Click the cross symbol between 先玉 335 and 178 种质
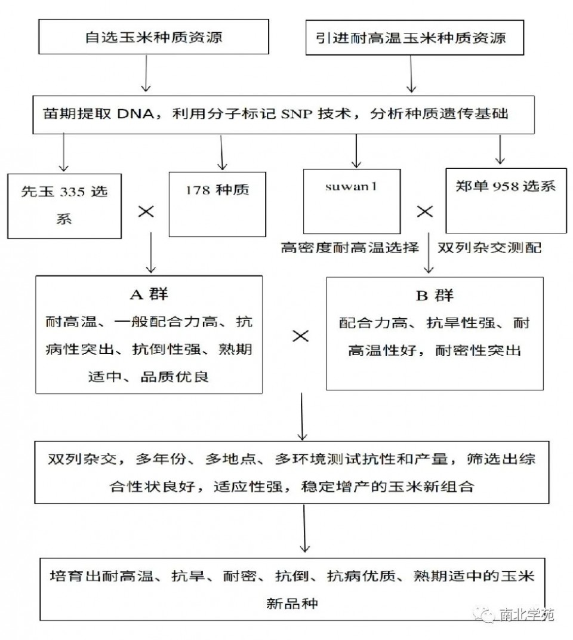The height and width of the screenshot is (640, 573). [147, 211]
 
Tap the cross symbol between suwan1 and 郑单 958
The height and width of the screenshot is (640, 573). [424, 211]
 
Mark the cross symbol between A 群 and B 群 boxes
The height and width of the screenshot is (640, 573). [300, 336]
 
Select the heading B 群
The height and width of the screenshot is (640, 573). [434, 295]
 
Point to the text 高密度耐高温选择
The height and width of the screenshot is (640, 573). [350, 247]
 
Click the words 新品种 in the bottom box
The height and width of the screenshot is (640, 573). [292, 603]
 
